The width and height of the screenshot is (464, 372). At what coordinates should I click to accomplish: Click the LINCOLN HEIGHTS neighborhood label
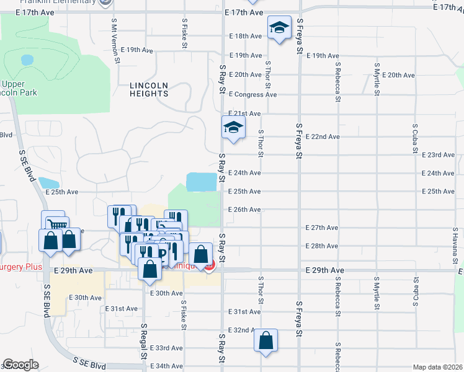[149, 89]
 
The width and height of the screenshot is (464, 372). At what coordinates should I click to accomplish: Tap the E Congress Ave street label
[252, 95]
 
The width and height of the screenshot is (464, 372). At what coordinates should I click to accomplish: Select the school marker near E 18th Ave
[280, 28]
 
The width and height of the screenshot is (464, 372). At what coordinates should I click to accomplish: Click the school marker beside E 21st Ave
[234, 128]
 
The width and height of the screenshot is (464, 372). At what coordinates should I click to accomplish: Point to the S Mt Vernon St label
[115, 39]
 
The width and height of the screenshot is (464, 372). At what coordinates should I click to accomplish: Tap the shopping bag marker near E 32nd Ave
[266, 340]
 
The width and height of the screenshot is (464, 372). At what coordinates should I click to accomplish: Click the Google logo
[20, 365]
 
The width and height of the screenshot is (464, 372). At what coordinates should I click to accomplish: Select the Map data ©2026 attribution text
[438, 367]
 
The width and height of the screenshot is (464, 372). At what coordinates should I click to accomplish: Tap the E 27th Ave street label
[322, 228]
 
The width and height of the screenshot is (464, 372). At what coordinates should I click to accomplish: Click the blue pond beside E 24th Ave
[202, 182]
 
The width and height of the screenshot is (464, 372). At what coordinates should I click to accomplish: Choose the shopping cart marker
[54, 223]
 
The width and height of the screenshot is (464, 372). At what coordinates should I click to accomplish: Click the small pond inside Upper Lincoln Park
[27, 60]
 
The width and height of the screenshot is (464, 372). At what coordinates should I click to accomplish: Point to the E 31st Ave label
[244, 312]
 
